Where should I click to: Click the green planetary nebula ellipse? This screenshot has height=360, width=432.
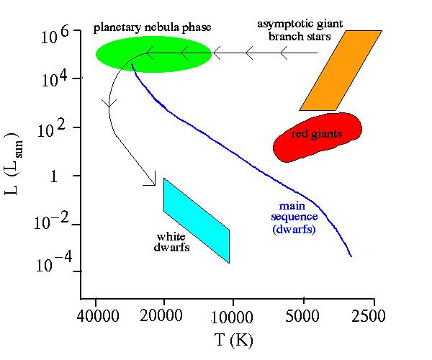[x=153, y=54]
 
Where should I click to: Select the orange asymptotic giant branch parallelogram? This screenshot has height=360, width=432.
[x=341, y=71]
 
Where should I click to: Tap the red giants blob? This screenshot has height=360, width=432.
[x=317, y=135]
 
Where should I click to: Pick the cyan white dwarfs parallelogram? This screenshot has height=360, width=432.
[x=197, y=220]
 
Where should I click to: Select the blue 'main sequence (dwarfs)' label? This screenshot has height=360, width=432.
[x=294, y=217]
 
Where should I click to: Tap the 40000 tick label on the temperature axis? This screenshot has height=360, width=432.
[x=96, y=316]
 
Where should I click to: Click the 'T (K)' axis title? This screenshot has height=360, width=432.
[x=232, y=338]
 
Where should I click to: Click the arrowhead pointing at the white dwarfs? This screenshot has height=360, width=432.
[x=151, y=181]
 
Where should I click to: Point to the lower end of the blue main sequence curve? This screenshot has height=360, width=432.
[x=351, y=256]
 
